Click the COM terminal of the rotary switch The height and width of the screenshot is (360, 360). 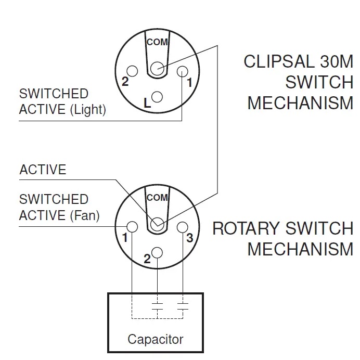[x=157, y=224]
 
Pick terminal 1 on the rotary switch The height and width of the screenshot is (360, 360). [x=132, y=227]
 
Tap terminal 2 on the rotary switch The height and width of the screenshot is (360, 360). [x=157, y=252]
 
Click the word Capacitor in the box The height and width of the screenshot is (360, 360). [x=156, y=340]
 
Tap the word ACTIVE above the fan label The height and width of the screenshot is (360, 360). [x=43, y=170]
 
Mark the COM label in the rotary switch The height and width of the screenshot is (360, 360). [x=157, y=198]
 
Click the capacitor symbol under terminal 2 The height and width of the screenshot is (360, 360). [x=157, y=306]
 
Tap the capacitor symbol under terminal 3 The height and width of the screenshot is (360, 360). [x=182, y=306]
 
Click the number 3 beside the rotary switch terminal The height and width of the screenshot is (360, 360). [x=190, y=238]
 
